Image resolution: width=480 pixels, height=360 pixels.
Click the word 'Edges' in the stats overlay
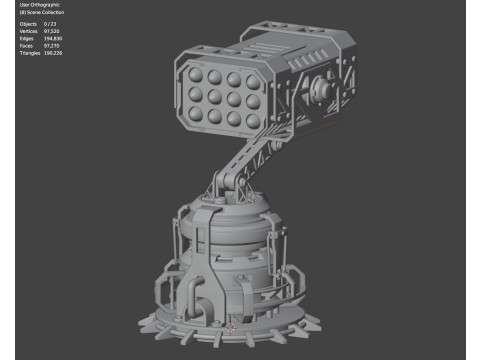click(x=26, y=37)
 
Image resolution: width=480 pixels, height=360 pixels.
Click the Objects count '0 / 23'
click(x=50, y=24)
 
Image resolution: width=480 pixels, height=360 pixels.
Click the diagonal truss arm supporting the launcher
click(x=245, y=160)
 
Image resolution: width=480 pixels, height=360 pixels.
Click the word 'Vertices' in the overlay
click(x=28, y=30)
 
